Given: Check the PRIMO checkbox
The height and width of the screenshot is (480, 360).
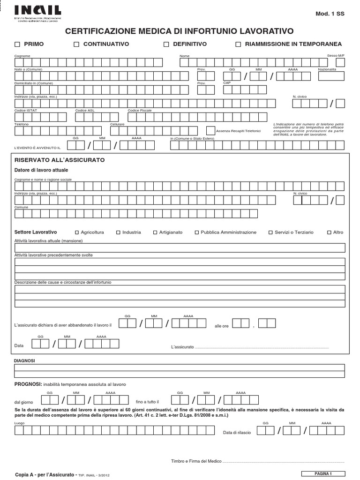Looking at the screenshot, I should coord(18,45).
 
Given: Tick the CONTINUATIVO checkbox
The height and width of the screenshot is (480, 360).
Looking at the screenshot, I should coord(76,45).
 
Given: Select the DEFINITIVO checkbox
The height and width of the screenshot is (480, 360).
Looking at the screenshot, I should coord(166,45).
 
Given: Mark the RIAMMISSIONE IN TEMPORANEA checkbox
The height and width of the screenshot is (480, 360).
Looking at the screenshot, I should coord(238,45).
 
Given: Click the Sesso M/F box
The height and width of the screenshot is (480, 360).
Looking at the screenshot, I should coord(340,62).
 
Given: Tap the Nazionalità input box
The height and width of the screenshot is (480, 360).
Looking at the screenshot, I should coord(331,76).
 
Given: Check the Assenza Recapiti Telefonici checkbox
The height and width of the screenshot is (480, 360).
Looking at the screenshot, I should coord(210,131).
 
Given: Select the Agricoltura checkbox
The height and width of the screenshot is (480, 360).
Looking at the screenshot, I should coord(77,232).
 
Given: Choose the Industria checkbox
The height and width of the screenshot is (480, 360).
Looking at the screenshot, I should coord(118,232).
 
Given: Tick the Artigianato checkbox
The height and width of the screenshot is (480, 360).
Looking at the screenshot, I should coord(155,232).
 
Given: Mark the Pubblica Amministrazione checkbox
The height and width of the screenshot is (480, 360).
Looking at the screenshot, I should coord(197,232).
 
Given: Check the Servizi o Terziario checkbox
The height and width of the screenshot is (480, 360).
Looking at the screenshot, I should coord(270,232).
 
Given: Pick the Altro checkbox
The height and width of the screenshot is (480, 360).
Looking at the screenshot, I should coord(329,232).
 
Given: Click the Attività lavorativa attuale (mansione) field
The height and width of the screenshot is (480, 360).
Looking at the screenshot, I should coord(180,248).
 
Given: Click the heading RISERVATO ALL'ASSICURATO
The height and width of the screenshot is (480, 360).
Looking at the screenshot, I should coord(60,160).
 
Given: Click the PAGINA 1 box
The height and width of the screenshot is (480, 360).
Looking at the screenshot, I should coord(322,473).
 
